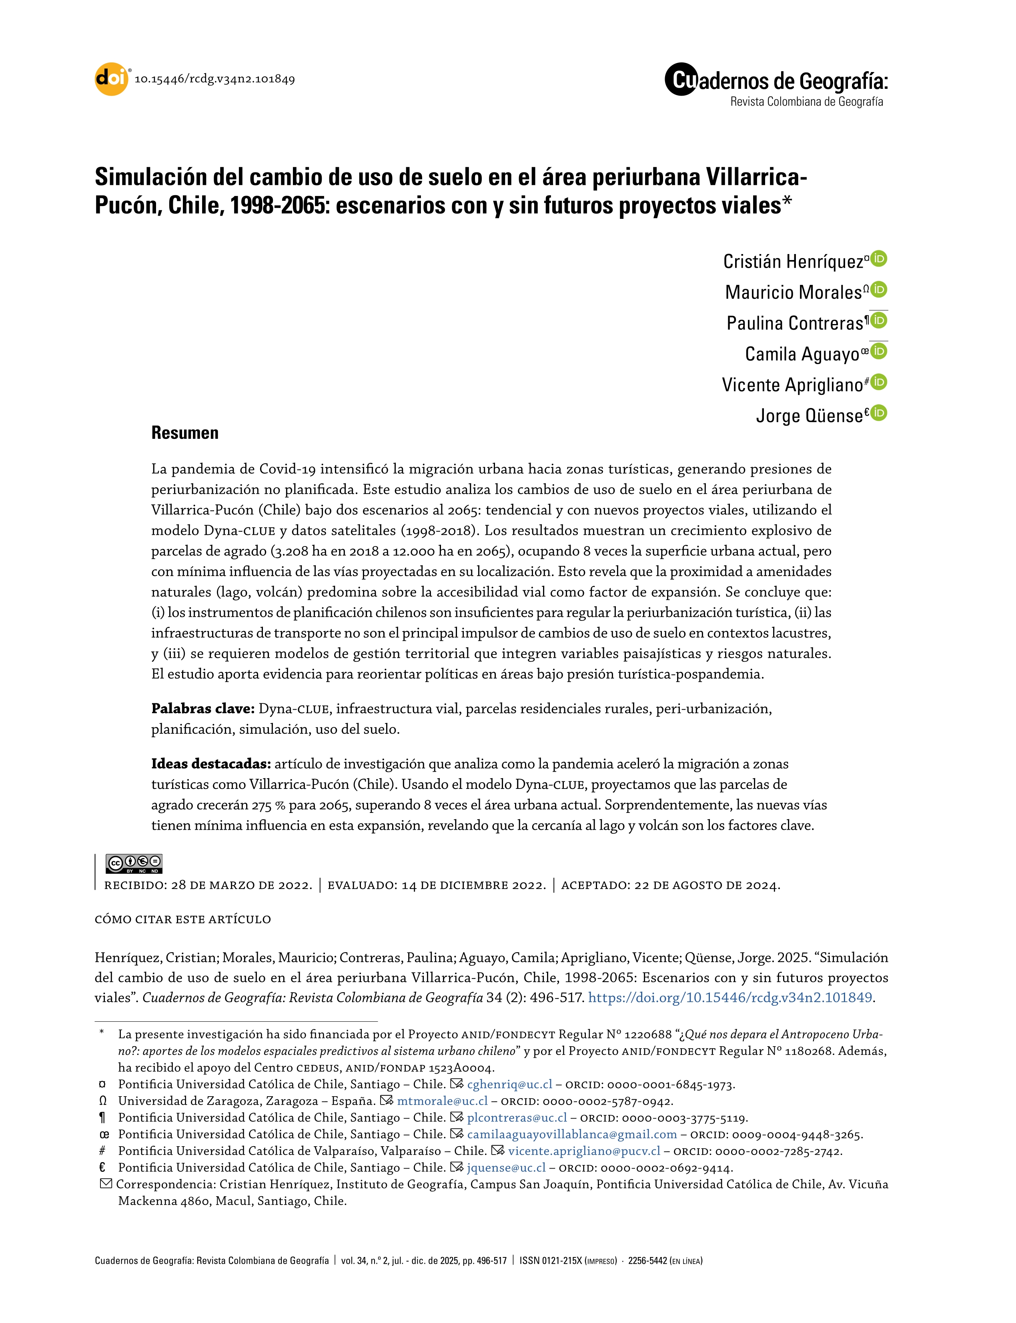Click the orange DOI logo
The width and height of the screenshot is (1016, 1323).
(111, 79)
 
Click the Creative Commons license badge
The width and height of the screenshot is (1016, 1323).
(134, 863)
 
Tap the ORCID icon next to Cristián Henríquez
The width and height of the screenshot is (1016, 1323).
(879, 259)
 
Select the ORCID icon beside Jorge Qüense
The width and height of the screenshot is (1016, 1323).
(879, 413)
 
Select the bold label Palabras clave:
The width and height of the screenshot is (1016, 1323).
(202, 709)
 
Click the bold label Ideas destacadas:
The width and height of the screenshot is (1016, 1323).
(210, 764)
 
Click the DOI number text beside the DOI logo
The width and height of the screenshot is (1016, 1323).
(215, 79)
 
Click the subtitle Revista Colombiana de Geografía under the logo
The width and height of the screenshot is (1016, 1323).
(806, 102)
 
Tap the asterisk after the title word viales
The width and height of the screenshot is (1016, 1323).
(787, 202)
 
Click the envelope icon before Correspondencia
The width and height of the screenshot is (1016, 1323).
(106, 1184)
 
